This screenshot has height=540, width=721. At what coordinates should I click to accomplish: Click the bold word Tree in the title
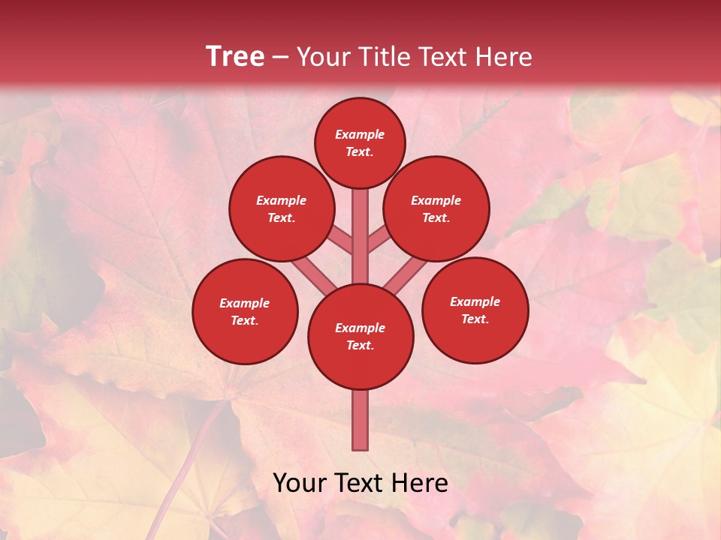[x=235, y=57]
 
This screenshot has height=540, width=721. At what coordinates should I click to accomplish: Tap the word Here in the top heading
[x=505, y=57]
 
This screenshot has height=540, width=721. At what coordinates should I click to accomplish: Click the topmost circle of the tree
[x=360, y=142]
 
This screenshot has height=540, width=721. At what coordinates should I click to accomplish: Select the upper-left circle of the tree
[x=282, y=208]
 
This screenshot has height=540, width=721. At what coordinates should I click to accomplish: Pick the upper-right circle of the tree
[x=436, y=208]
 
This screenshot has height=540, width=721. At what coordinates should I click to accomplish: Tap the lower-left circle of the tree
[x=245, y=311]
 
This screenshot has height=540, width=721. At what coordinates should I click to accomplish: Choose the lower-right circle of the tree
[x=475, y=310]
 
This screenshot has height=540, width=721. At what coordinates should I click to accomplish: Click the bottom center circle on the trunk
[x=360, y=336]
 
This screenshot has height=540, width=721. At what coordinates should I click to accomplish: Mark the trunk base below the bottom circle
[x=360, y=420]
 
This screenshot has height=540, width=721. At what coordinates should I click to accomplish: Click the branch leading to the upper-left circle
[x=341, y=241]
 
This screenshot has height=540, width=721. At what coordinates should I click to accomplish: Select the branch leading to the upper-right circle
[x=379, y=241]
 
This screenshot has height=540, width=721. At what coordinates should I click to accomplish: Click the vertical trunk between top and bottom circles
[x=360, y=232]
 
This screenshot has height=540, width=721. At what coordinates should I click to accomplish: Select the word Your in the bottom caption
[x=300, y=483]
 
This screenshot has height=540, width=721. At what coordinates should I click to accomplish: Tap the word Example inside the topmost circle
[x=360, y=134]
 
